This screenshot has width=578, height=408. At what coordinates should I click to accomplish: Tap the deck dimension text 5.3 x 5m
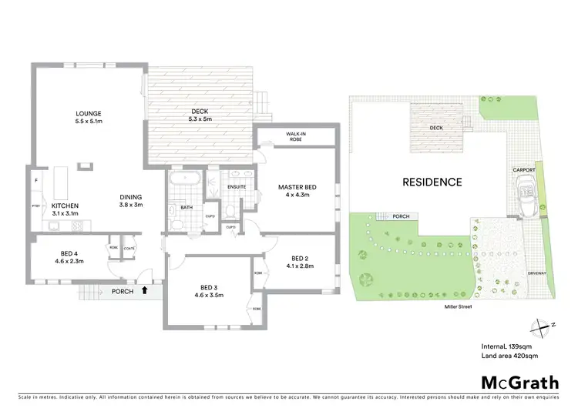tap(201, 119)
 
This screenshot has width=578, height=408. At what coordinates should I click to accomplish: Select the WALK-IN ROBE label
tap(297, 137)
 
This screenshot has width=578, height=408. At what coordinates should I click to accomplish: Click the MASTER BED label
tap(297, 186)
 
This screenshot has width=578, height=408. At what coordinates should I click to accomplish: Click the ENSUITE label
tap(237, 186)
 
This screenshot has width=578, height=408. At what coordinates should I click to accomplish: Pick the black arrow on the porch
tap(144, 291)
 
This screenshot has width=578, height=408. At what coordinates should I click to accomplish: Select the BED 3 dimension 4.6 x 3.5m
tap(210, 295)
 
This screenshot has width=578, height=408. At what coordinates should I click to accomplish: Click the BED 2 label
tap(301, 258)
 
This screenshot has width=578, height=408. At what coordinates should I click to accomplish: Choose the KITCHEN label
tap(66, 206)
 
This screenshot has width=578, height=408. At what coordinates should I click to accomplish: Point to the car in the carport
tap(526, 189)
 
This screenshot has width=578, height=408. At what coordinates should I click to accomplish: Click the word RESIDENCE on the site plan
tap(431, 182)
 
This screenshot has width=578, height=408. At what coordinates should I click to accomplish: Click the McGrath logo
tap(515, 383)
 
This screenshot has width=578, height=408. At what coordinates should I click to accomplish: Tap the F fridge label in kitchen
tap(35, 180)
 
